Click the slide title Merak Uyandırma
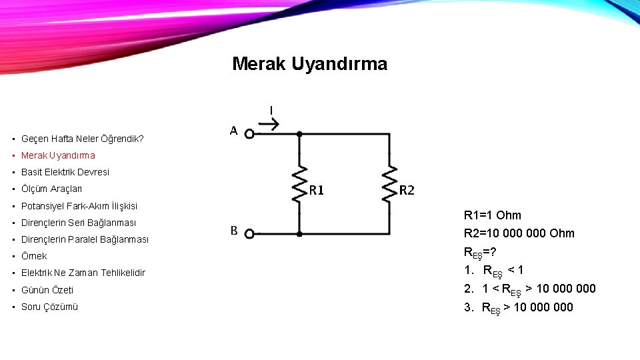point(309,64)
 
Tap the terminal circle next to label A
point(249,134)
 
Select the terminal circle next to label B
point(249,234)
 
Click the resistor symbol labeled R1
point(300,184)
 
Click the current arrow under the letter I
point(275,123)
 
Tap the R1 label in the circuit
point(316,191)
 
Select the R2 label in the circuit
point(407,191)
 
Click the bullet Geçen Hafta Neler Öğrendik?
point(83,139)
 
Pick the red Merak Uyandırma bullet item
point(58,155)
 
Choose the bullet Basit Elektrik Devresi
point(65,172)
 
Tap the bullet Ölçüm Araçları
point(52,189)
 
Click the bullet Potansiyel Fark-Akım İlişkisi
point(79,206)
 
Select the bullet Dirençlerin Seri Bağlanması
point(79,223)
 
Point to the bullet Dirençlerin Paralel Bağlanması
point(85,239)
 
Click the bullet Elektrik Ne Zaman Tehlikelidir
point(83,273)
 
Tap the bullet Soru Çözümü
point(50,307)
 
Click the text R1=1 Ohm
point(492,215)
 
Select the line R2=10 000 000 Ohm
point(519,233)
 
